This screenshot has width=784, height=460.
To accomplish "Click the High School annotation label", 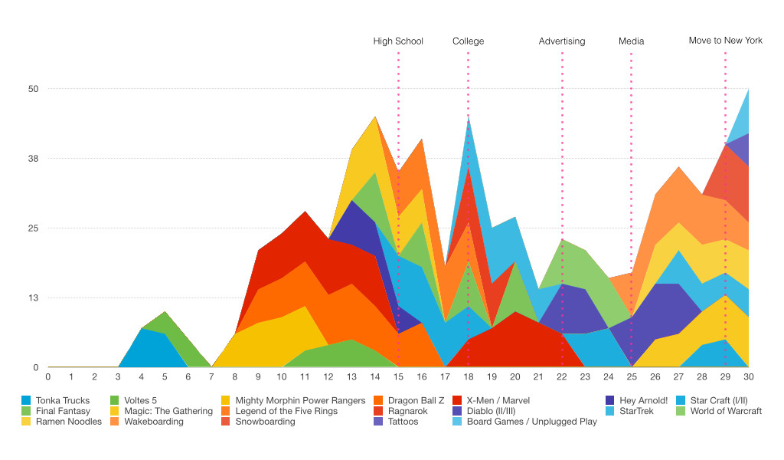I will [x=398, y=41].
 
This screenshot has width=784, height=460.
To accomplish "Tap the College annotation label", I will [x=468, y=41].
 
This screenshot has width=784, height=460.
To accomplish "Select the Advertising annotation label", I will [x=561, y=41].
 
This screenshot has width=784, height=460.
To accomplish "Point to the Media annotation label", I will [x=631, y=41].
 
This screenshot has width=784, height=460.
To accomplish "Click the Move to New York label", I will [x=725, y=41].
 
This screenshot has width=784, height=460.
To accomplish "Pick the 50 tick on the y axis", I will [x=34, y=89].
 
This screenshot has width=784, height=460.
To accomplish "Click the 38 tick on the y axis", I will [x=34, y=159].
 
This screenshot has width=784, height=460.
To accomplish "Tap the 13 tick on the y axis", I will [x=34, y=298].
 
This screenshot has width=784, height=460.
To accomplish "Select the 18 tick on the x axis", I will [x=469, y=376].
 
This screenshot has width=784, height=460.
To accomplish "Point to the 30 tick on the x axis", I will [x=748, y=376].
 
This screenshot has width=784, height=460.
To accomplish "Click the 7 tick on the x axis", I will [x=211, y=376].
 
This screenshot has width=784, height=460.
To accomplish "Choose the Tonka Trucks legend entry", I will [x=62, y=400].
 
